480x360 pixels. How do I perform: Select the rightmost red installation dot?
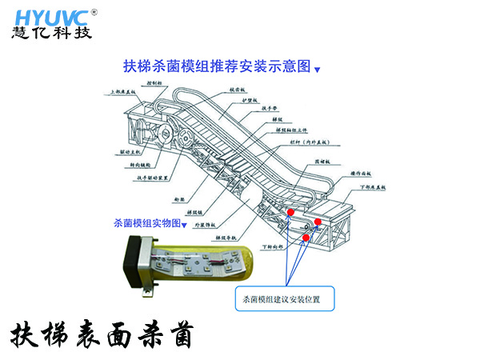[318, 222]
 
